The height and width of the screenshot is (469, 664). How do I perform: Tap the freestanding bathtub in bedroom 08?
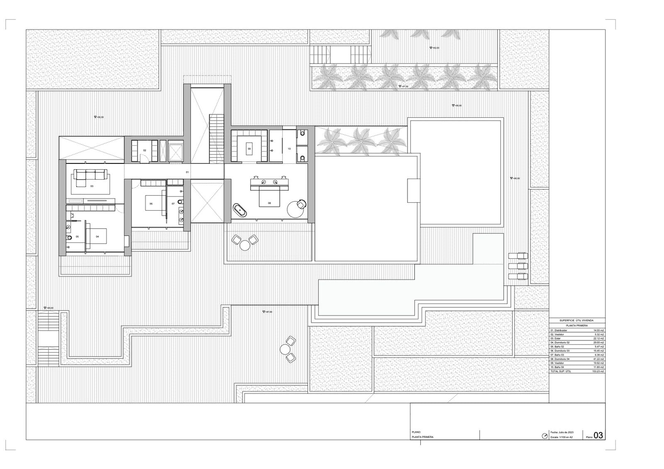click(x=240, y=210)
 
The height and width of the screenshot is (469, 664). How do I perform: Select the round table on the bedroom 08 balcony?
click(x=245, y=245)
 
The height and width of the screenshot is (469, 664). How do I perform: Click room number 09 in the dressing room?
click(x=249, y=148)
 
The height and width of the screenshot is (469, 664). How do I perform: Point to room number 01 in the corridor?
click(x=187, y=172)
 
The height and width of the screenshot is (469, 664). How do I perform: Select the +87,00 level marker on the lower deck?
click(x=268, y=312)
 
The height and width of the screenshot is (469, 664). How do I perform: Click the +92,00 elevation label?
click(x=435, y=48)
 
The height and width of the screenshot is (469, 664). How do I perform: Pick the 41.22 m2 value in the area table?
click(x=598, y=359)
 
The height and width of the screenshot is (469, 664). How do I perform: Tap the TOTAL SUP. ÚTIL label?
click(x=561, y=371)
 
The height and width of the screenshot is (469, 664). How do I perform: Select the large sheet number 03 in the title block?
click(x=598, y=435)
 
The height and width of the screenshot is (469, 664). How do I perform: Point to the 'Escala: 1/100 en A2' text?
click(x=561, y=437)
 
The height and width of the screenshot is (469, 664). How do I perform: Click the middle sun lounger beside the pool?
click(x=518, y=266)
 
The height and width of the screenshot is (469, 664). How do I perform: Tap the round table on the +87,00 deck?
click(x=284, y=350)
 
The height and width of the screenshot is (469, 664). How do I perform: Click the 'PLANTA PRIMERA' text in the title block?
click(x=422, y=437)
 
